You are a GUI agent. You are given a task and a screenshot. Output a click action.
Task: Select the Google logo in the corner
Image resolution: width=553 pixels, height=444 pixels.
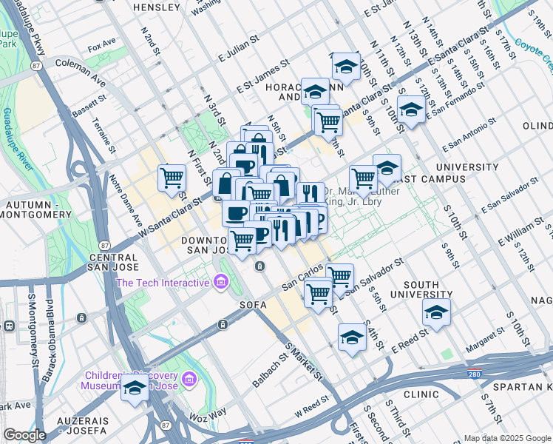click(x=25, y=435)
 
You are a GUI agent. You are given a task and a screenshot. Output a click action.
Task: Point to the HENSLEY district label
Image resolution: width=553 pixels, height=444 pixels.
click(x=155, y=7)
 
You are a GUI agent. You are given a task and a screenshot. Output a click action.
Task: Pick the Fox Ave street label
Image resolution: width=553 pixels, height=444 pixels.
click(x=103, y=47)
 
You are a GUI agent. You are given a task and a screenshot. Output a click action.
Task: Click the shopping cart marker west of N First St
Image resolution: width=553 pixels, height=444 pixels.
click(x=172, y=177)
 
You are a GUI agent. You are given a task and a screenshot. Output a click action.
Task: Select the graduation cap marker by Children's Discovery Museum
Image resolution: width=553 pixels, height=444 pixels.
click(x=135, y=387)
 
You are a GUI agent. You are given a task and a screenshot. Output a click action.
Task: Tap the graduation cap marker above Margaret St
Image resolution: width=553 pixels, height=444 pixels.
click(x=437, y=312)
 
